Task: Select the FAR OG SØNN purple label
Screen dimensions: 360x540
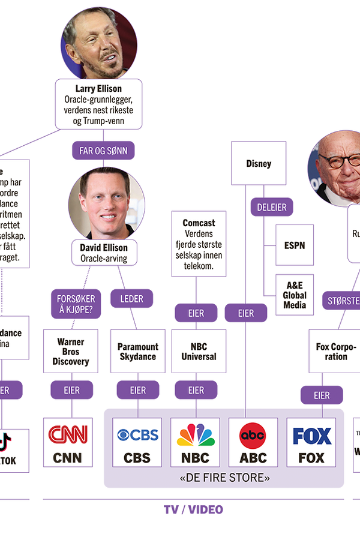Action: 103,151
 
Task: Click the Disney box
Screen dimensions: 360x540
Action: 259,163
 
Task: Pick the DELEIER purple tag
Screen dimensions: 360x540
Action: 272,207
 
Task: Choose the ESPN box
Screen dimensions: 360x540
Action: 295,245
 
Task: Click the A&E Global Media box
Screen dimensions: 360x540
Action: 295,295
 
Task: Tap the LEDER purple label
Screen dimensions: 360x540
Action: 132,298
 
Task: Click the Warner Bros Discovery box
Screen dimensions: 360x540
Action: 71,352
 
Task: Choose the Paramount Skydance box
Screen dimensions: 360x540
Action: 138,352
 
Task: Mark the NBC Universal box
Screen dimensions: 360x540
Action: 199,352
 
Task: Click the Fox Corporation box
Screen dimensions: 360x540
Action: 336,352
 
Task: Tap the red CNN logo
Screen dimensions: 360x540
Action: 68,434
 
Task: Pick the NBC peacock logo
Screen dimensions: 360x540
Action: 196,434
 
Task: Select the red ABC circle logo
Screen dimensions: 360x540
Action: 253,434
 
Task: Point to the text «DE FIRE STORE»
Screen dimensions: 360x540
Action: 224,478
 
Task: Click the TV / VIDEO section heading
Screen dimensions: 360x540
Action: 193,509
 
